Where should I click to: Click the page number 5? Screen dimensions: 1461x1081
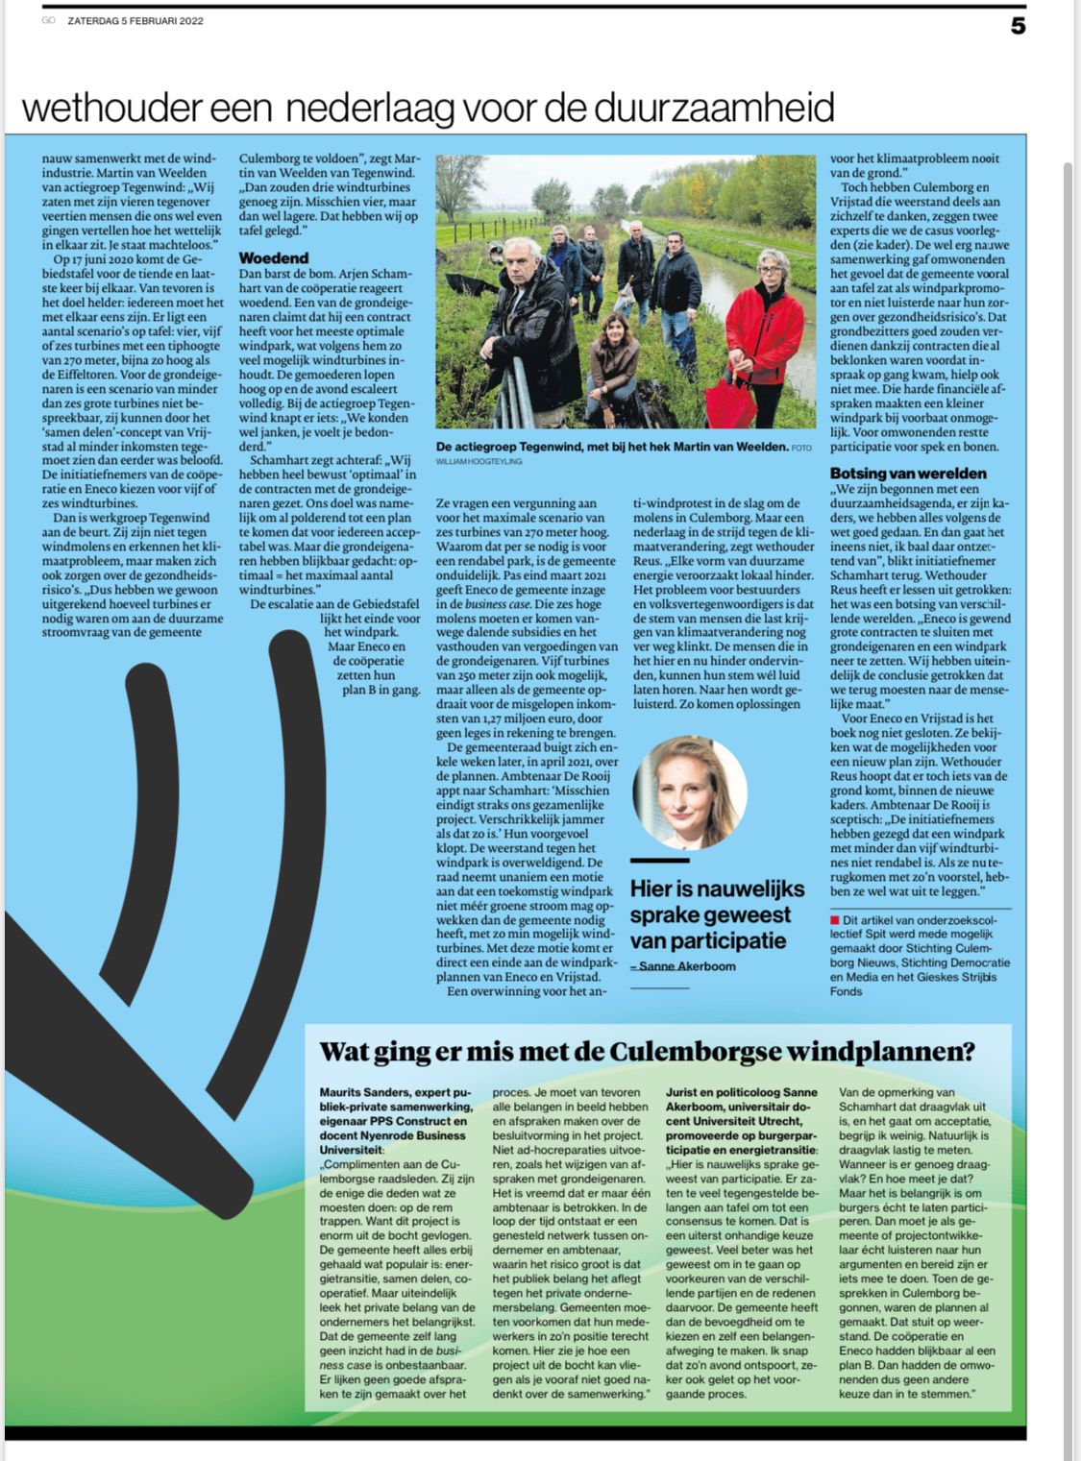point(1018,26)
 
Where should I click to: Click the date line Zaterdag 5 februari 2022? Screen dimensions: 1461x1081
point(135,21)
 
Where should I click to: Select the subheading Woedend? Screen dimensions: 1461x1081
point(274,257)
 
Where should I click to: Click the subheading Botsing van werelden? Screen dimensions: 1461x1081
point(908,474)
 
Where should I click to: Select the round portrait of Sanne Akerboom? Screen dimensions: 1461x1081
point(690,792)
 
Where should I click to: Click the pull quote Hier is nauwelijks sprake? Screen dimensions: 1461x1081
point(710,914)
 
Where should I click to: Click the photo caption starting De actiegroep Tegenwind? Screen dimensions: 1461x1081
point(613,447)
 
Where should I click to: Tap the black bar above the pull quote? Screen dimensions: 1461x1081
point(660,861)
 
